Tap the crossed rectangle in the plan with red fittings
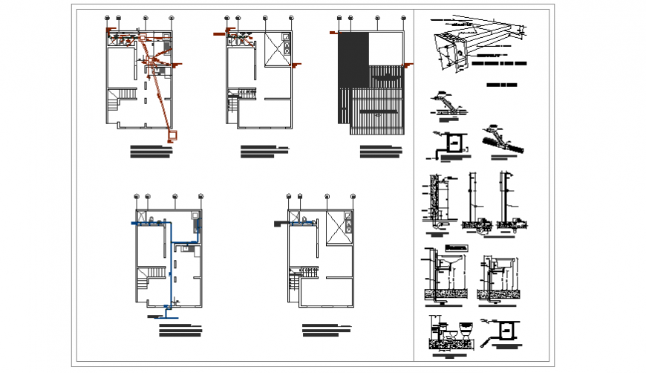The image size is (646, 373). (276, 50)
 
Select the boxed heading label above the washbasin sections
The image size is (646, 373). (454, 247)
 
